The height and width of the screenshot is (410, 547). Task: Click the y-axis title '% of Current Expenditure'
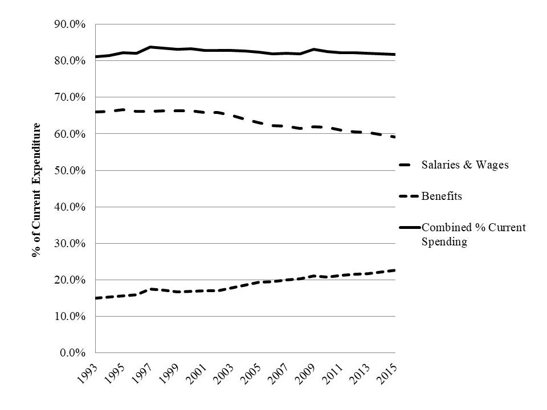[x=37, y=190]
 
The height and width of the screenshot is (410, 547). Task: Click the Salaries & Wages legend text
[x=465, y=165]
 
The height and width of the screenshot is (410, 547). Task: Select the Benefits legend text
[x=442, y=196]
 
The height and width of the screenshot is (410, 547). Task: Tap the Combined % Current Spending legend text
[x=473, y=234]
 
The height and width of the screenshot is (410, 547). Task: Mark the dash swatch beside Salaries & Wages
[x=410, y=165]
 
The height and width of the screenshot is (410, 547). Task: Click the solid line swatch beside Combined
[x=410, y=227]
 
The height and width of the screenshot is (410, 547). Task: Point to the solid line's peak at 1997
[x=150, y=47]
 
